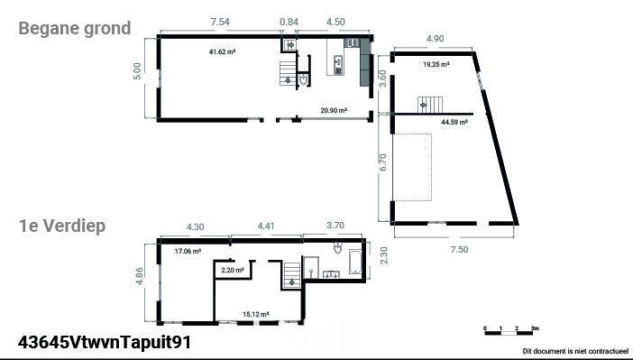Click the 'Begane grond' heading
[75, 29]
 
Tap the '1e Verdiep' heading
[62, 226]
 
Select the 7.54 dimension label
[220, 22]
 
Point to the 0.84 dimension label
[289, 22]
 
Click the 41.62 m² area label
[223, 51]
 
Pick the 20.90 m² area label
[334, 110]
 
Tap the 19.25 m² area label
[436, 64]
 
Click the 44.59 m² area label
[454, 122]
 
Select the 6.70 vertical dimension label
[382, 162]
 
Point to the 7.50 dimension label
[459, 250]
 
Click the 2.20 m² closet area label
[233, 270]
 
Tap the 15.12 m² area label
[256, 314]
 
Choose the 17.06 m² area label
[188, 252]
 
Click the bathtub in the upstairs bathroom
[355, 262]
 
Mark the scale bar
[511, 331]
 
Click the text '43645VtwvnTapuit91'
[105, 342]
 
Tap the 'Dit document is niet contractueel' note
[575, 351]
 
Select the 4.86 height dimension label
[140, 276]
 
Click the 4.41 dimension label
[266, 226]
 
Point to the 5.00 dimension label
[137, 71]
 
